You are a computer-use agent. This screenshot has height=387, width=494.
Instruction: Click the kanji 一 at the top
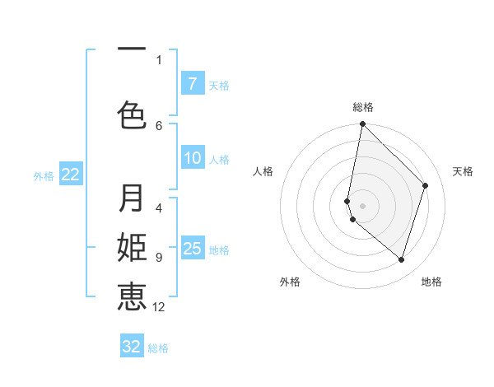pyautogui.click(x=132, y=49)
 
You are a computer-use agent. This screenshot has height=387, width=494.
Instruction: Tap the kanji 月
pyautogui.click(x=132, y=198)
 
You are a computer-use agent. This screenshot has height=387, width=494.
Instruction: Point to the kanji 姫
pyautogui.click(x=132, y=248)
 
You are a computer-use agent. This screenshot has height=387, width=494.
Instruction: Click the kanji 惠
pyautogui.click(x=132, y=296)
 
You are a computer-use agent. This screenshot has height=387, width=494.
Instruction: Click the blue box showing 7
pyautogui.click(x=192, y=84)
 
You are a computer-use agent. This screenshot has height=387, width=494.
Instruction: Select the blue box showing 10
pyautogui.click(x=192, y=158)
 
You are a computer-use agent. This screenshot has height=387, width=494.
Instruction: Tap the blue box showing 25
pyautogui.click(x=192, y=249)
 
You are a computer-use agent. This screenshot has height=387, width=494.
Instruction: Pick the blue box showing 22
pyautogui.click(x=70, y=175)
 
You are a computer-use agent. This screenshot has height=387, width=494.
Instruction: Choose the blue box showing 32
pyautogui.click(x=132, y=347)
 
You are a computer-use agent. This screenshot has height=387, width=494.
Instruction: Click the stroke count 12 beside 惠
pyautogui.click(x=159, y=307)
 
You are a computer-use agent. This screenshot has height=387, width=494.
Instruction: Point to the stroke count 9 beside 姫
pyautogui.click(x=159, y=258)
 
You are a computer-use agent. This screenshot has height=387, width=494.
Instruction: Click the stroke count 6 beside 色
pyautogui.click(x=159, y=125)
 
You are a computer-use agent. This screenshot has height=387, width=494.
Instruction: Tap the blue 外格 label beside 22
pyautogui.click(x=44, y=175)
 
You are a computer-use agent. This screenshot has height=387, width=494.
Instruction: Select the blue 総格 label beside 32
pyautogui.click(x=158, y=347)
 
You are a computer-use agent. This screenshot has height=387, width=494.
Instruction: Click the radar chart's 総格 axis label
pyautogui.click(x=362, y=107)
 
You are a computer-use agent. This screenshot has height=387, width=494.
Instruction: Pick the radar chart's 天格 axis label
pyautogui.click(x=463, y=171)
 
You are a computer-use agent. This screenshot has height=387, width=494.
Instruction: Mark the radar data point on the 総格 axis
pyautogui.click(x=362, y=124)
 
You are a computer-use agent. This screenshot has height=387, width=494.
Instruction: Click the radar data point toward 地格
pyautogui.click(x=401, y=259)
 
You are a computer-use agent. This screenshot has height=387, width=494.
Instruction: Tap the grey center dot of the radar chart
pyautogui.click(x=362, y=205)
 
